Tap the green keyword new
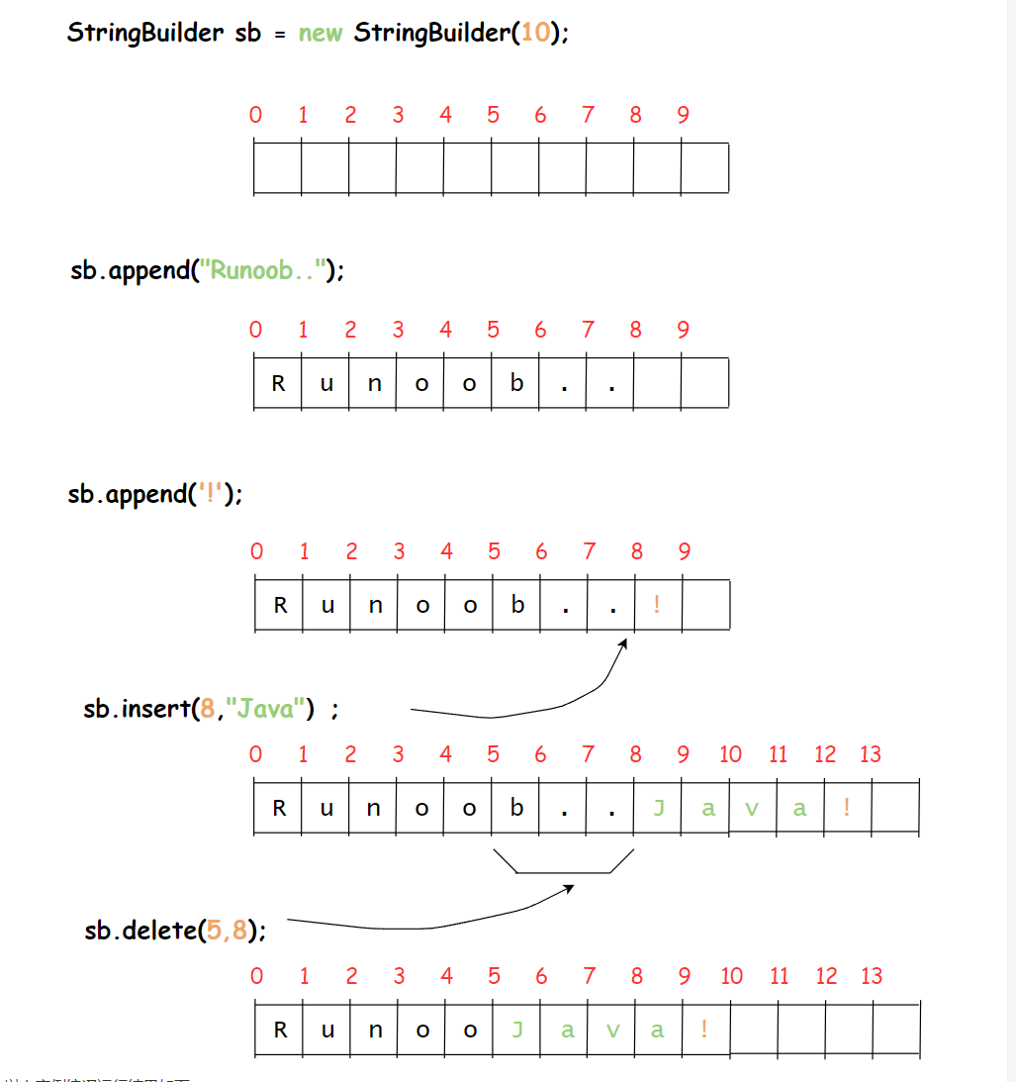(321, 32)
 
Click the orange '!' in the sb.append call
(211, 493)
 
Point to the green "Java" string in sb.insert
(264, 709)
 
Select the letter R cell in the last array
(280, 1030)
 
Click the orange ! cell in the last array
(704, 1030)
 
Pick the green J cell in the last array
(516, 1030)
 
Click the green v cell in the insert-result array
(752, 808)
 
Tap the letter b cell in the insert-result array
(516, 808)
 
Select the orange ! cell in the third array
(658, 604)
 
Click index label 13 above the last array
(871, 977)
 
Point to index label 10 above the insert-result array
(730, 755)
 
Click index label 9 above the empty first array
(683, 116)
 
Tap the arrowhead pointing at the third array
(623, 644)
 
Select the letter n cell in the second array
(374, 383)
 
